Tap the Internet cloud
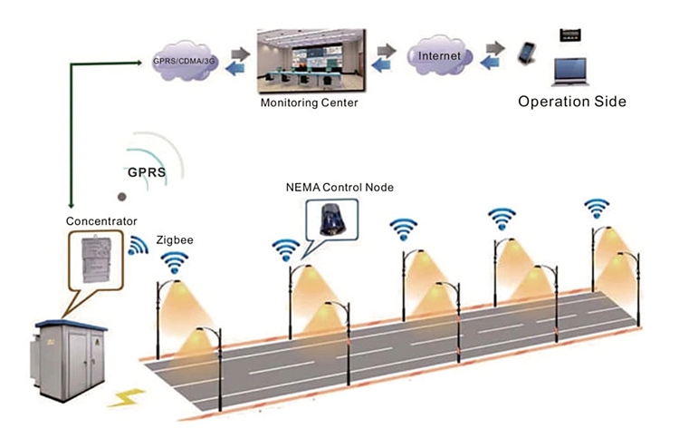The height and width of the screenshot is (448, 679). click(x=439, y=56)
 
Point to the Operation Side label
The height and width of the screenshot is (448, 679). click(x=571, y=102)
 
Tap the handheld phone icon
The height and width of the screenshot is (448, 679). click(x=526, y=54)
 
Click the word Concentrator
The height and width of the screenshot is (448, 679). click(x=101, y=220)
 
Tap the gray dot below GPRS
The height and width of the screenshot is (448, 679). click(x=122, y=196)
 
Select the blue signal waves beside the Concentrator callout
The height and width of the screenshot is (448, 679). click(x=139, y=245)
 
